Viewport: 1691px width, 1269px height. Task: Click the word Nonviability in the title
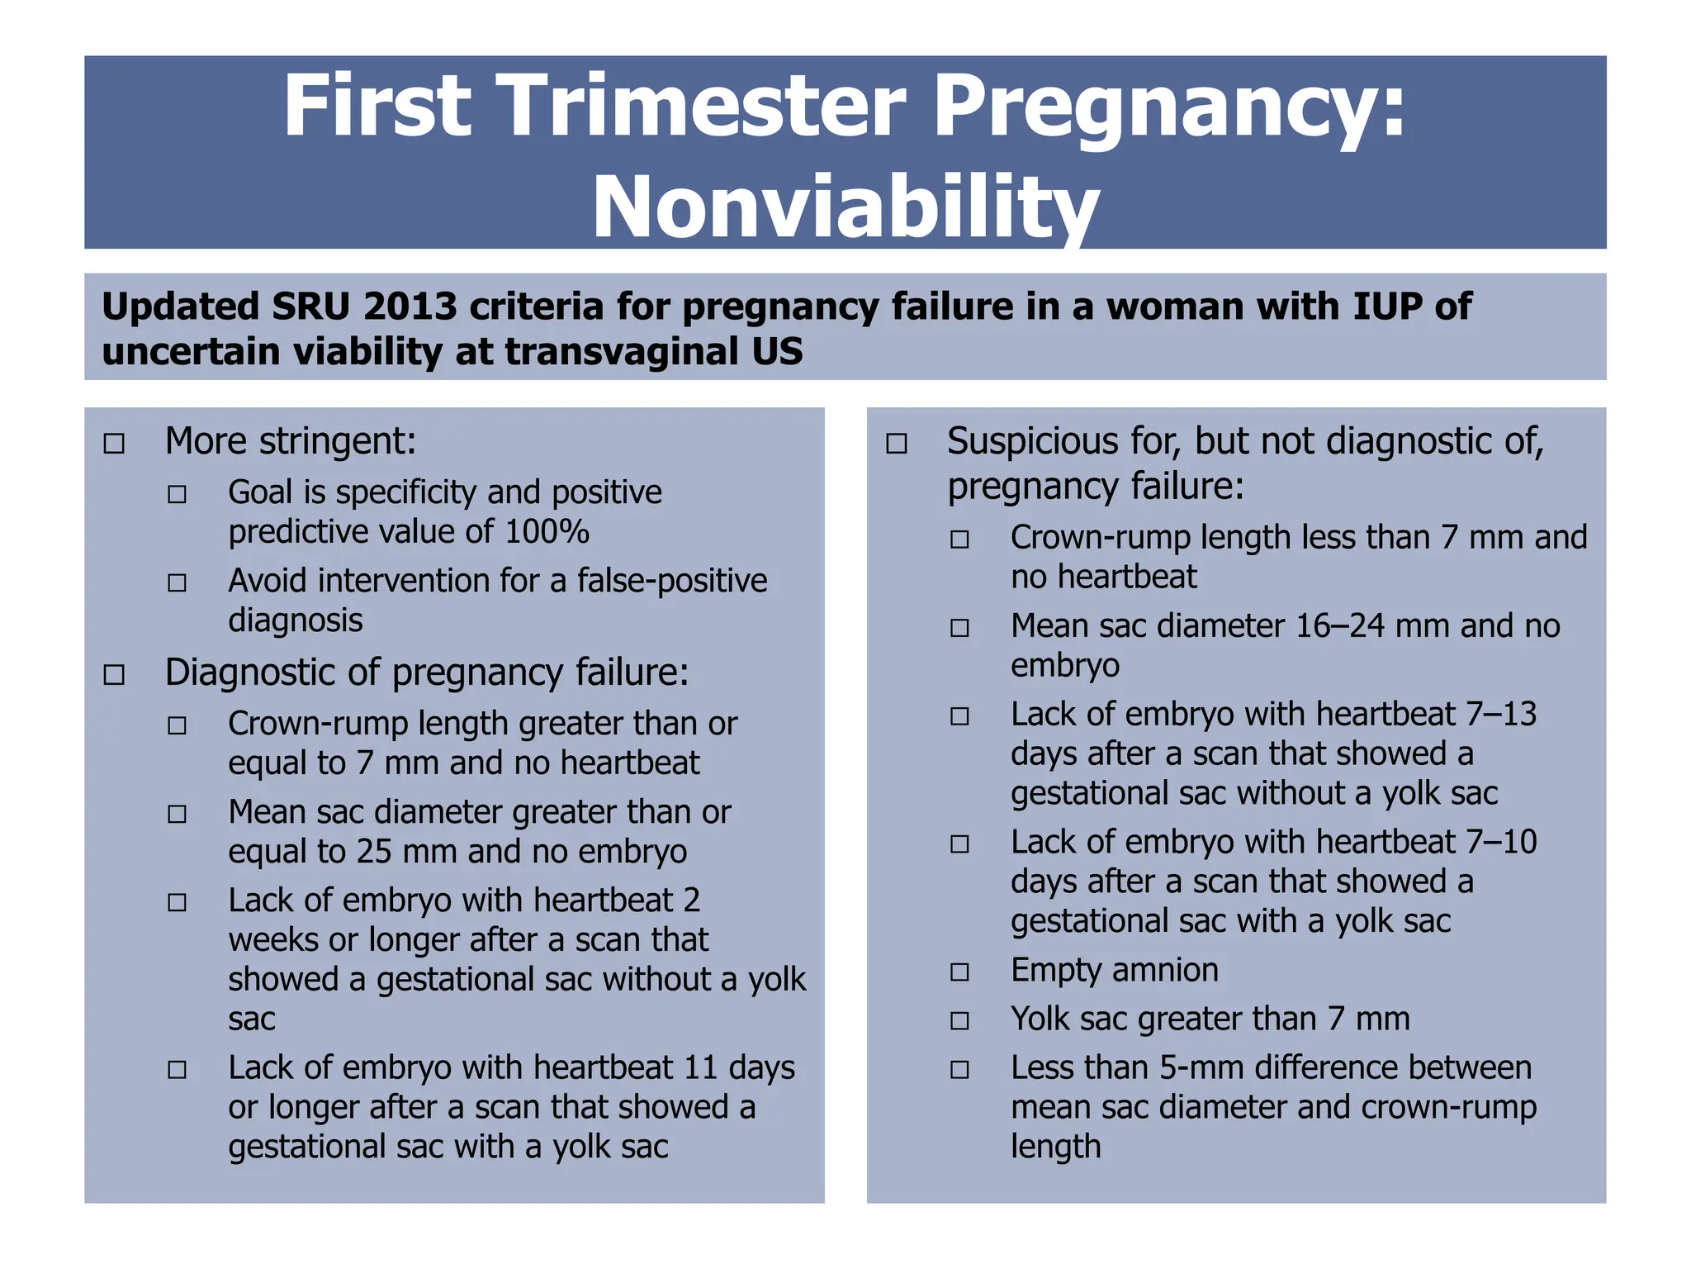pyautogui.click(x=845, y=207)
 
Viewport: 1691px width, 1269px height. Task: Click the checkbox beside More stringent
pyautogui.click(x=114, y=444)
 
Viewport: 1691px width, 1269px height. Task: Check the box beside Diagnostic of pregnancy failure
pyautogui.click(x=114, y=675)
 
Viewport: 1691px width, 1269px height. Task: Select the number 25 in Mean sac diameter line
pyautogui.click(x=374, y=852)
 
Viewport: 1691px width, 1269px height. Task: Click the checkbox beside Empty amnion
pyautogui.click(x=959, y=972)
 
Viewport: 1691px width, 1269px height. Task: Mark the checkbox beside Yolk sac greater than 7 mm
pyautogui.click(x=959, y=1021)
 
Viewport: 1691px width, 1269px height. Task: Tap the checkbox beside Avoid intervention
pyautogui.click(x=177, y=583)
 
